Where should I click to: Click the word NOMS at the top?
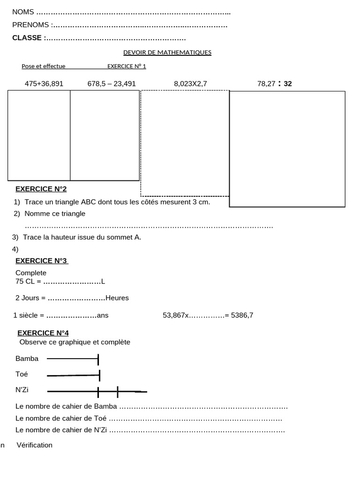click(23, 12)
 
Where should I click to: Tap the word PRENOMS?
click(30, 25)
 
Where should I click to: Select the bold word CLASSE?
click(27, 38)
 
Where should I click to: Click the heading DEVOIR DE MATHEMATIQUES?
click(167, 52)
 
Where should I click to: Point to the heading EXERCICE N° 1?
click(127, 66)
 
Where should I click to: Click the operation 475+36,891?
click(44, 84)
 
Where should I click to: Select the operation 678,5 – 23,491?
click(112, 84)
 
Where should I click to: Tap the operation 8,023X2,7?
click(190, 84)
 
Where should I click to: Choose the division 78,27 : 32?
click(274, 84)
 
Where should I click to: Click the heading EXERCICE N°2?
click(41, 189)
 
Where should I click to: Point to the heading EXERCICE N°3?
click(42, 261)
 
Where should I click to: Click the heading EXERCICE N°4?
click(43, 333)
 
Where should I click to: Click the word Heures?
click(117, 298)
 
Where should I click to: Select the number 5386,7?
click(242, 315)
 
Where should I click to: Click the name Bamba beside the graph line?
click(27, 359)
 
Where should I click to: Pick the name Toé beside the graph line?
click(22, 374)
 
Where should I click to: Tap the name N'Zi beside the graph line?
click(22, 390)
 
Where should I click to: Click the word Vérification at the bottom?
click(35, 445)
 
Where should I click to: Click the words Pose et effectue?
click(44, 66)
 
